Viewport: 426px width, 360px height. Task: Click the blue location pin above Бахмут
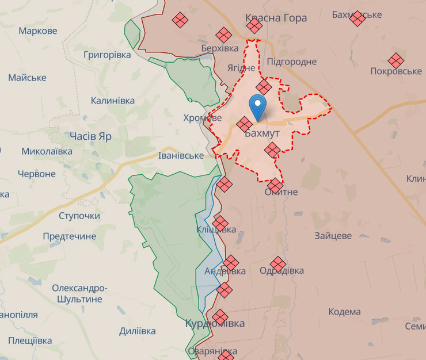[x=258, y=106]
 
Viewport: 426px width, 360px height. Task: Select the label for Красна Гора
[x=276, y=18]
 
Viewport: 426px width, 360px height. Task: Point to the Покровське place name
[x=395, y=71]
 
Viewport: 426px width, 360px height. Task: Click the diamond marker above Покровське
[x=395, y=60]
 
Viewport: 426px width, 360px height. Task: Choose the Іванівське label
[x=181, y=156]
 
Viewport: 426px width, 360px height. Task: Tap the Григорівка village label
[x=107, y=55]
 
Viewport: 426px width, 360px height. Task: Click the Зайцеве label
[x=333, y=236]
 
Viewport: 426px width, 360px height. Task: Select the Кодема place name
[x=344, y=312]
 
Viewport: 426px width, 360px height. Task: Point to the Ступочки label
[x=79, y=216]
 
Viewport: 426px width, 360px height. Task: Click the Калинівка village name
[x=113, y=101]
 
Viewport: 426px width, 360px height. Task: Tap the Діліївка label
[x=137, y=331]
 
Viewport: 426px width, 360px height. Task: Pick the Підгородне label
[x=291, y=62]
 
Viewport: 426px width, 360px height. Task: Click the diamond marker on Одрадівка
[x=278, y=264]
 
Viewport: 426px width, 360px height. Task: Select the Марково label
[x=38, y=30]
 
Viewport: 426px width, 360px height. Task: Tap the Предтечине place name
[x=69, y=236]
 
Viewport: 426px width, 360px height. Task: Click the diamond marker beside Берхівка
[x=223, y=35]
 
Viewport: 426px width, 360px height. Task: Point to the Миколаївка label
[x=47, y=151]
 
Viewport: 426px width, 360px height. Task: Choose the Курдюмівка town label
[x=215, y=324]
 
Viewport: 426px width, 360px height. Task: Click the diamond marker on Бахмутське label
[x=357, y=18]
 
